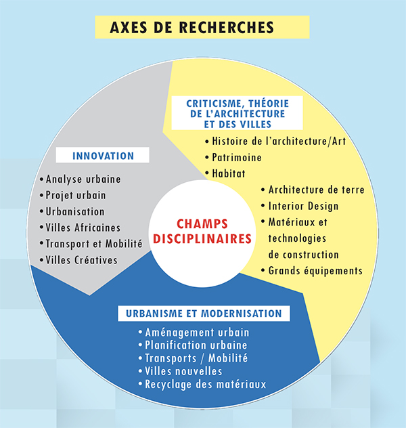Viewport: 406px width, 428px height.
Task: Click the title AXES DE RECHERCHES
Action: point(191,27)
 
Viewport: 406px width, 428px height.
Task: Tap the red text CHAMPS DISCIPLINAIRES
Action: point(202,232)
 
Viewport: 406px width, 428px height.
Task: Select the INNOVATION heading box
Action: point(103,155)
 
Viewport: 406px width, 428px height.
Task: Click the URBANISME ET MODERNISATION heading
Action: point(204,314)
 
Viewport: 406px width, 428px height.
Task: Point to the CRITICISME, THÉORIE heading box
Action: point(238,113)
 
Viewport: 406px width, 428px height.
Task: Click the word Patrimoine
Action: point(237,158)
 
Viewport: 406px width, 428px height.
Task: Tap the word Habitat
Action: point(229,173)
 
